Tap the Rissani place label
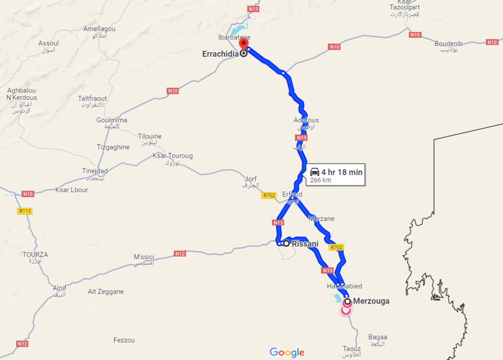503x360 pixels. pos(305,244)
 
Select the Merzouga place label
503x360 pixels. pos(371,301)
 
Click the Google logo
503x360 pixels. pos(287,352)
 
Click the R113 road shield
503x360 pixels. pos(25,211)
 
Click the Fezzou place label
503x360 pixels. pos(124,340)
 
